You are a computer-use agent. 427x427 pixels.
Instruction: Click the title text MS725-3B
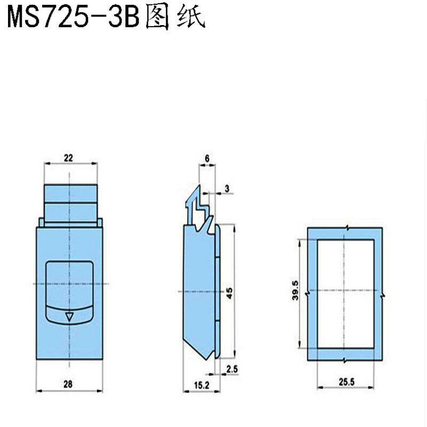[x=72, y=17]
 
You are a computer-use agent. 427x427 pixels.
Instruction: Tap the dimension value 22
[x=68, y=157]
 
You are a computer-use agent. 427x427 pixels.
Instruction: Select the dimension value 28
[x=69, y=383]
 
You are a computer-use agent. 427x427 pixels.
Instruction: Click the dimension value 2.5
[x=232, y=369]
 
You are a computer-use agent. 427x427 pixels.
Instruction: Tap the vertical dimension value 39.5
[x=295, y=291]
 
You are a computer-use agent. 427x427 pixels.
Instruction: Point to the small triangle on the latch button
[x=68, y=317]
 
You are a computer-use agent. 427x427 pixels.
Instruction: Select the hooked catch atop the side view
[x=199, y=205]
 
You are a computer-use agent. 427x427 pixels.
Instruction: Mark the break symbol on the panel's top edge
[x=347, y=228]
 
